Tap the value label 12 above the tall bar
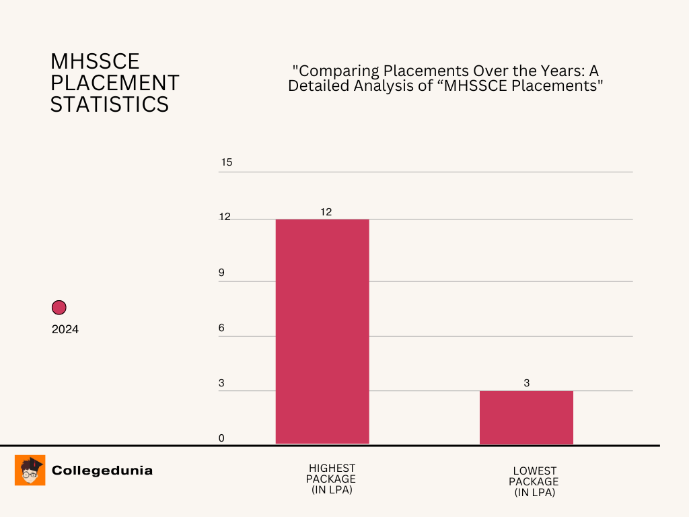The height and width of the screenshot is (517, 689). pyautogui.click(x=326, y=211)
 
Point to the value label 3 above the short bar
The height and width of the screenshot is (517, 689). pyautogui.click(x=527, y=383)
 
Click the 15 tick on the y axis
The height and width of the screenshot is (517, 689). pyautogui.click(x=226, y=162)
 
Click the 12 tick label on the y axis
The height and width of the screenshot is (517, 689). pyautogui.click(x=225, y=217)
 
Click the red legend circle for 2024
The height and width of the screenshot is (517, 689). pyautogui.click(x=59, y=308)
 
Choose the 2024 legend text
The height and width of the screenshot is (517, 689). pyautogui.click(x=65, y=330)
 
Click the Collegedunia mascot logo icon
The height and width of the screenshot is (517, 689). pyautogui.click(x=30, y=470)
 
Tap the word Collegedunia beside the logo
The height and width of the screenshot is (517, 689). pyautogui.click(x=102, y=471)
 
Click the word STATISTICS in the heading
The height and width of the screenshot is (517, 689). pyautogui.click(x=110, y=104)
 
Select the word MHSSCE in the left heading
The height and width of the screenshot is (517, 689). pyautogui.click(x=95, y=61)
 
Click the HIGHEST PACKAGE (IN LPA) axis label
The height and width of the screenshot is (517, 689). pyautogui.click(x=332, y=479)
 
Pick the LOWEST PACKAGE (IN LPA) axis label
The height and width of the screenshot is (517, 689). pyautogui.click(x=534, y=482)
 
